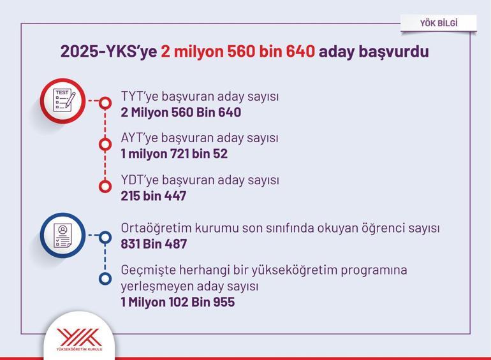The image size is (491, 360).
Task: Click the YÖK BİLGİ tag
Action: point(439,23)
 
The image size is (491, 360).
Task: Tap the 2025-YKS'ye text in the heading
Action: point(108,52)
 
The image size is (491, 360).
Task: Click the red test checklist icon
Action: point(62,101)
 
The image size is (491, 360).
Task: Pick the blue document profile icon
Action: point(62,236)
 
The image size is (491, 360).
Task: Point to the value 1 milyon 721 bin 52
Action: point(174,154)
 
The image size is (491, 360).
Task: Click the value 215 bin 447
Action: point(154,196)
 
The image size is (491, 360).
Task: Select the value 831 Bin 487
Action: point(154,244)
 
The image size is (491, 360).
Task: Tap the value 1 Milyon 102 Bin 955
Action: point(177,302)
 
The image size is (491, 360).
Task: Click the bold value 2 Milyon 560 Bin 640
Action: point(180,112)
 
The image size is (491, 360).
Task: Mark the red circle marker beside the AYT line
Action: point(105,145)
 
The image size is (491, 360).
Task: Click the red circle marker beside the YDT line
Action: point(105,187)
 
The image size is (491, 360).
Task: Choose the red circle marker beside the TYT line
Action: point(105,103)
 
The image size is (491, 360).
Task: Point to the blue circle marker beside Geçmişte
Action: point(105,278)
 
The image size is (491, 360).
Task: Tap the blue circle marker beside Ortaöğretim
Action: point(105,238)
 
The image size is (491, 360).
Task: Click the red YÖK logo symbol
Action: point(79,337)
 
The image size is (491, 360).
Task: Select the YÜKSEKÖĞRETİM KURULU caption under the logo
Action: point(79,349)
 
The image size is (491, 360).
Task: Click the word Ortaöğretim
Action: point(156,228)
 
